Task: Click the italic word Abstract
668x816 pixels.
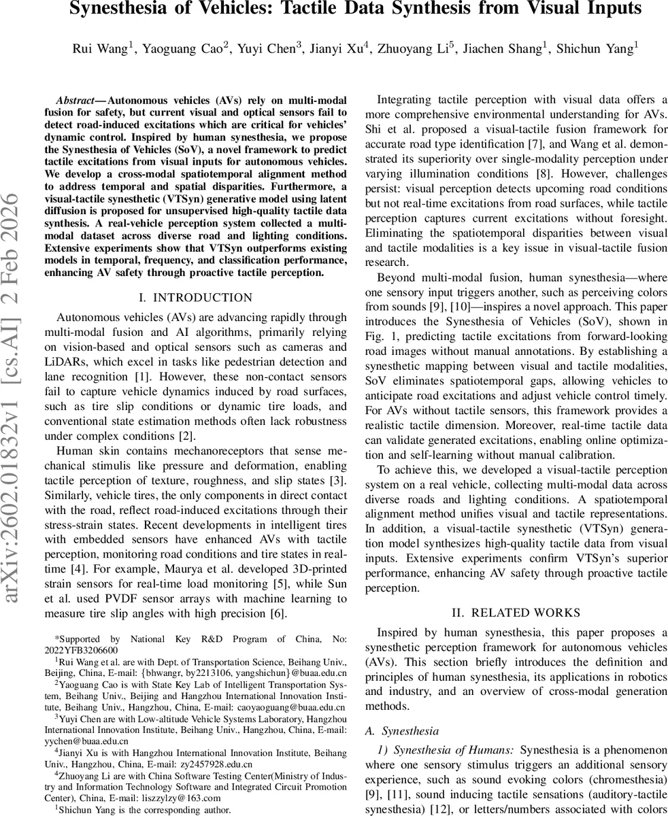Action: (x=76, y=100)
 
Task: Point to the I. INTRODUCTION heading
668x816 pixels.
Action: (x=195, y=298)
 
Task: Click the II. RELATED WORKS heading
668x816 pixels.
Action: (x=516, y=613)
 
